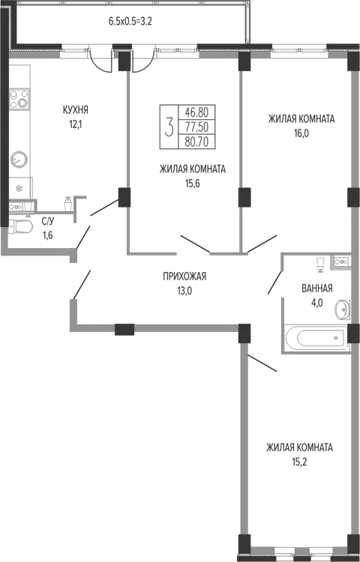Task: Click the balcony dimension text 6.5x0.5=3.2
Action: [130, 22]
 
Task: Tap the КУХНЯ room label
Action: [75, 109]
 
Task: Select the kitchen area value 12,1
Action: [76, 124]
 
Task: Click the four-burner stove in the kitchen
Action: [19, 99]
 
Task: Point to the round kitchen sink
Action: [19, 159]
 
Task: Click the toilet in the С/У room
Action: [19, 226]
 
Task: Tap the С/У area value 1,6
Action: [48, 235]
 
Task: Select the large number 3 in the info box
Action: [169, 127]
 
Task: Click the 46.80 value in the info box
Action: [196, 112]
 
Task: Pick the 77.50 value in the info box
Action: [196, 127]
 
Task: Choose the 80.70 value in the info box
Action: [196, 142]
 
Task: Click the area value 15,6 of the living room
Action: [192, 184]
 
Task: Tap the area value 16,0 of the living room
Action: [301, 133]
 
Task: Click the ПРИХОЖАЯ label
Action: [184, 277]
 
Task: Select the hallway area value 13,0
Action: [184, 291]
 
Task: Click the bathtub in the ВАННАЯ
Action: [316, 339]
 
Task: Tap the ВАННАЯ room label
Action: [317, 288]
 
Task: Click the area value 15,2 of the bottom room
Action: [299, 462]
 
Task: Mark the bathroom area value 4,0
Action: [317, 303]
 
